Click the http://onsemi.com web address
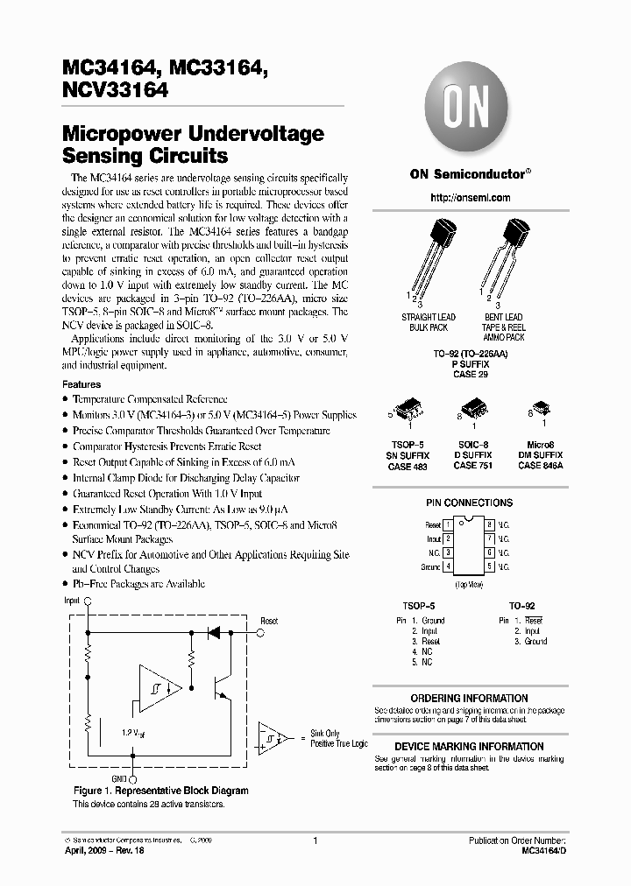click(x=471, y=198)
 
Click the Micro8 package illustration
click(x=541, y=408)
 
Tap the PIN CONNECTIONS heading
click(x=469, y=503)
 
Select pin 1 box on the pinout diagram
click(x=448, y=524)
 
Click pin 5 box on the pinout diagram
click(x=490, y=566)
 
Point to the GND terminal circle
click(x=132, y=776)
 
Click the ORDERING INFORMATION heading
click(x=469, y=699)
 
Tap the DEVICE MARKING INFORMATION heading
click(x=469, y=747)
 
